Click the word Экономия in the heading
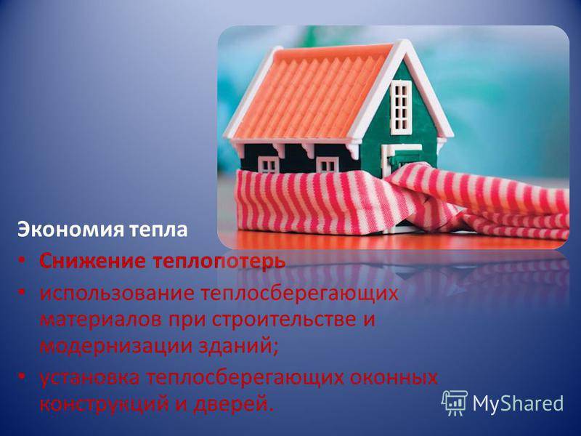[x=70, y=229]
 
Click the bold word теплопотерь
[x=219, y=262]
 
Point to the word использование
[x=117, y=293]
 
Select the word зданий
[x=239, y=347]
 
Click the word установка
[x=89, y=378]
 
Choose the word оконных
[x=394, y=378]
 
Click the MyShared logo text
[x=518, y=403]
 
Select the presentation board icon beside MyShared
[x=455, y=403]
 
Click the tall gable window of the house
[x=401, y=107]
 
